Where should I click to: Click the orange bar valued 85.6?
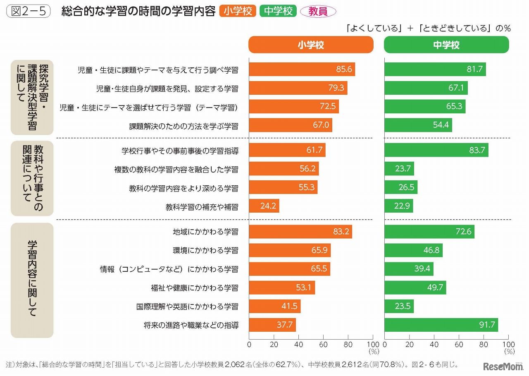tap(302, 69)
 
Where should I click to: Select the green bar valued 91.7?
tap(441, 325)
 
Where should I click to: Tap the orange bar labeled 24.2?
tap(264, 206)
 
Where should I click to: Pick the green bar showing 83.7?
tap(436, 150)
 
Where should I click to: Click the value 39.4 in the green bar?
tap(422, 269)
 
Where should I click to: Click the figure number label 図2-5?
tap(28, 11)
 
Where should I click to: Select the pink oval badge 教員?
tap(318, 11)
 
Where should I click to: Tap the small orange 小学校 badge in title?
tap(238, 11)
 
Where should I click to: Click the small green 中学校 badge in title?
tap(278, 11)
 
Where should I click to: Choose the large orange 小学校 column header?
tap(311, 45)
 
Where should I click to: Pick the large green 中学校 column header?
tap(446, 45)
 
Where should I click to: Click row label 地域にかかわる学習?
tap(205, 232)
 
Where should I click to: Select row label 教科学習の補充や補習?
tap(202, 206)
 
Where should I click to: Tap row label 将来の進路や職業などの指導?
tap(188, 325)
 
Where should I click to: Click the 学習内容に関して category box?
tap(32, 280)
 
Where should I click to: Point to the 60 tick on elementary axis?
tap(323, 344)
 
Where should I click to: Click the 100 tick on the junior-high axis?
tap(508, 344)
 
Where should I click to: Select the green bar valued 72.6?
tap(429, 232)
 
